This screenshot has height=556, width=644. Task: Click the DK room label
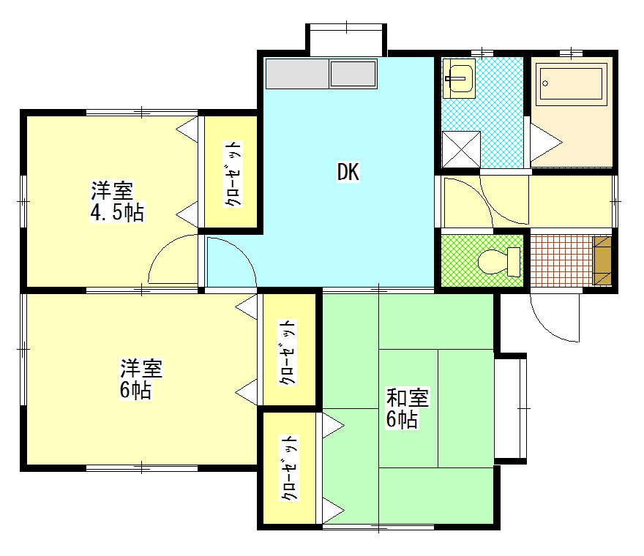(348, 172)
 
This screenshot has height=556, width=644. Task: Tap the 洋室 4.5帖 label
(117, 201)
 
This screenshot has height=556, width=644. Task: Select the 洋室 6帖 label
(141, 379)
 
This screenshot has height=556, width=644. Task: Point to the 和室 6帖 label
(407, 408)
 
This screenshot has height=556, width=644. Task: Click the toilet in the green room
(499, 262)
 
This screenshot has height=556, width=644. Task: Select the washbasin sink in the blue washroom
(459, 78)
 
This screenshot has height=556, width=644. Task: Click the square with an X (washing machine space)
(461, 149)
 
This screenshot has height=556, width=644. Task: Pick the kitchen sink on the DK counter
(353, 74)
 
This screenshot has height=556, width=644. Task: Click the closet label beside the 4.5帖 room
(233, 174)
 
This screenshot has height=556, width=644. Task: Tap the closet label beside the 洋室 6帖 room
(287, 353)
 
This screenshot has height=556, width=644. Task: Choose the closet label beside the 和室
(289, 468)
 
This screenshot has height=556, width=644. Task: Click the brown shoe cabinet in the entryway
(602, 260)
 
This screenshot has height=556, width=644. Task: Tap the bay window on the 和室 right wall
(511, 408)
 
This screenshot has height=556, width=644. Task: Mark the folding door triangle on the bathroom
(546, 143)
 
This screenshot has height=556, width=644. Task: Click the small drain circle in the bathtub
(545, 83)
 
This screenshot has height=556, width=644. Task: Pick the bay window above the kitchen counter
(346, 40)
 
